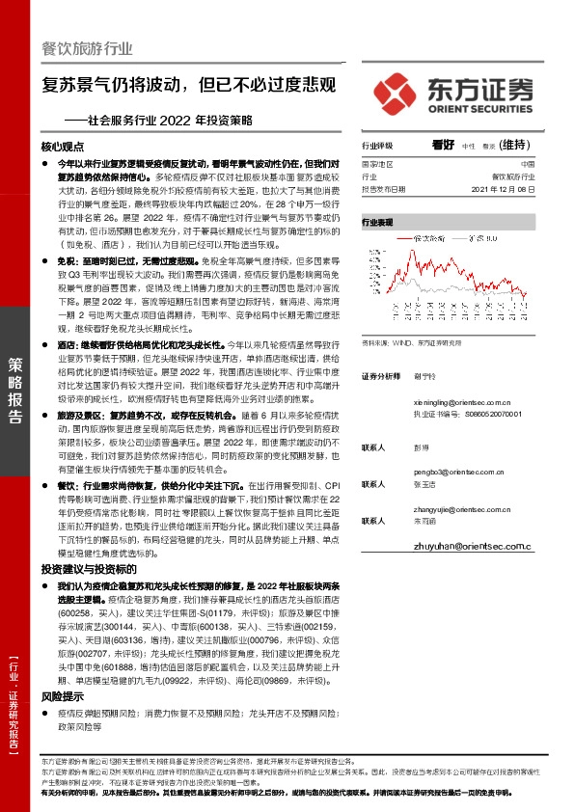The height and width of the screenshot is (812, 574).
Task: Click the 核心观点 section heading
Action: click(x=64, y=148)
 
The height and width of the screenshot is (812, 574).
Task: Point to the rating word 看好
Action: click(x=443, y=145)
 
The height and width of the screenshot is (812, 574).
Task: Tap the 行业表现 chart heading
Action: click(x=377, y=222)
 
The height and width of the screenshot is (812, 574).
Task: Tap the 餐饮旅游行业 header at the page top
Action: click(x=86, y=49)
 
